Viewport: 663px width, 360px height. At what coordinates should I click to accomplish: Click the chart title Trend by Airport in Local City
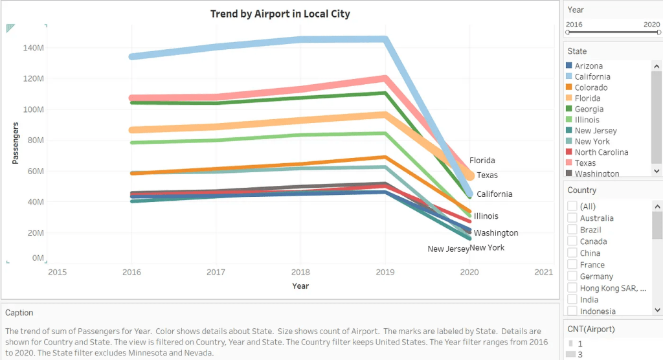click(x=280, y=14)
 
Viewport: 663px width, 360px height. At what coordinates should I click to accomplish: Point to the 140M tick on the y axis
click(x=33, y=48)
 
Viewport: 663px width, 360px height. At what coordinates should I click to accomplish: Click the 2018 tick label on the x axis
click(x=300, y=272)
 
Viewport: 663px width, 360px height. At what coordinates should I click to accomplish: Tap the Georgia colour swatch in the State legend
click(x=569, y=109)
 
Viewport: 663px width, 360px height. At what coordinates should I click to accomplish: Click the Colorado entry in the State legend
click(x=590, y=87)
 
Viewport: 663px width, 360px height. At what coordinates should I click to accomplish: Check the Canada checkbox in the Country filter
click(x=572, y=242)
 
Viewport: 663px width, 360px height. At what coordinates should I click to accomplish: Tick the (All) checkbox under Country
click(x=572, y=206)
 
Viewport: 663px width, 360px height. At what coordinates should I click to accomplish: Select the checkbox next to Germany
click(x=572, y=276)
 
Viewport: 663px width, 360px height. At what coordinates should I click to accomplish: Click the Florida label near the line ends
click(x=482, y=161)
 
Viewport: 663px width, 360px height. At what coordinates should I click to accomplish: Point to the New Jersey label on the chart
click(x=448, y=249)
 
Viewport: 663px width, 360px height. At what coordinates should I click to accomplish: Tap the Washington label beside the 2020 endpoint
click(x=496, y=233)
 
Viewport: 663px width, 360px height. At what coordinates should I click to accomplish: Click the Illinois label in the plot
click(x=486, y=216)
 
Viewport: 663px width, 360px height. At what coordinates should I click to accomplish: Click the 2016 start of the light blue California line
click(x=132, y=56)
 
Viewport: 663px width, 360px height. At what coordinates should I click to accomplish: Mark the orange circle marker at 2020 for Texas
click(x=469, y=175)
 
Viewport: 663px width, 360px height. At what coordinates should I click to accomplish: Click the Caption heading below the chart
click(x=19, y=313)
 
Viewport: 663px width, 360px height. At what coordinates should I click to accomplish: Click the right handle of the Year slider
click(x=658, y=32)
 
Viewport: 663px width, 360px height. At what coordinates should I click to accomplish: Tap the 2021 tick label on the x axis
click(x=544, y=272)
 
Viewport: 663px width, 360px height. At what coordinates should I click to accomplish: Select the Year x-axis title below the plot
click(x=300, y=286)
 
